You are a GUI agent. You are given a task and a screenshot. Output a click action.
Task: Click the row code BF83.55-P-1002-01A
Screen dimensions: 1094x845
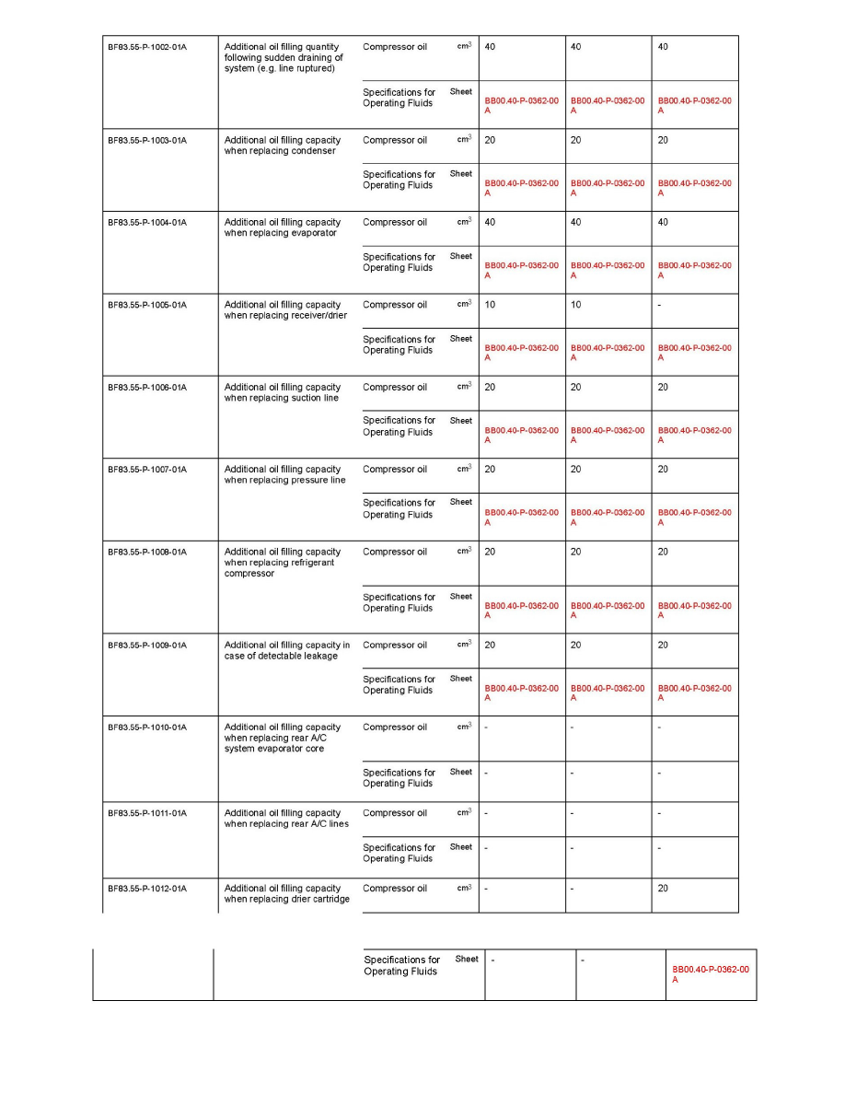(x=147, y=47)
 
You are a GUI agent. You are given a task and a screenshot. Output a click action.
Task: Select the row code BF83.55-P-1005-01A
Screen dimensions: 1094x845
(x=147, y=305)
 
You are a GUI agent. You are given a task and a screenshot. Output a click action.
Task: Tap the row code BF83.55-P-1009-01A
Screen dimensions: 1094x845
(x=147, y=646)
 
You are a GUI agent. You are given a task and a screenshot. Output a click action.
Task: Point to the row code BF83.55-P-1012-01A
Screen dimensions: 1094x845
(x=147, y=889)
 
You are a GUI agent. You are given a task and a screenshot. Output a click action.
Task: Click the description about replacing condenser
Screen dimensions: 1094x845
(x=282, y=145)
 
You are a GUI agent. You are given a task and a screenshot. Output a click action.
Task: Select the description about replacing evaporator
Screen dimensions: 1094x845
(x=282, y=227)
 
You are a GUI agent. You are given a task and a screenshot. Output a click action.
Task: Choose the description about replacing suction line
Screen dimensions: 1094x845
(x=282, y=392)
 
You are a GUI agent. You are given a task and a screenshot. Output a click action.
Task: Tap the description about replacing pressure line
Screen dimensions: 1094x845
(x=284, y=475)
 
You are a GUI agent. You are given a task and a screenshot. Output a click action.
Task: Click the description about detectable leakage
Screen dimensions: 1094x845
(x=286, y=651)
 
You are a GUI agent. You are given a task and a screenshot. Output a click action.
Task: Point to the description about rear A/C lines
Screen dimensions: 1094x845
(x=284, y=819)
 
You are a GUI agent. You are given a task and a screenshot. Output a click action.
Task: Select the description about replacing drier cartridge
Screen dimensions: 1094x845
(x=286, y=894)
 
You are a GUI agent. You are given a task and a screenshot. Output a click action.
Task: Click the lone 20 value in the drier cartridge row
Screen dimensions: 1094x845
(x=663, y=889)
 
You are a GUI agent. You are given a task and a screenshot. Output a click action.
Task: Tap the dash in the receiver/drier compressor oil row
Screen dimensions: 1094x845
(x=660, y=305)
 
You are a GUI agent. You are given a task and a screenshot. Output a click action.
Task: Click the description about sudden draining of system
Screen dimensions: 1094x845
(x=284, y=58)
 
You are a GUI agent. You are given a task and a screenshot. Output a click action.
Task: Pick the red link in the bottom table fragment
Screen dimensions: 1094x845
(x=710, y=974)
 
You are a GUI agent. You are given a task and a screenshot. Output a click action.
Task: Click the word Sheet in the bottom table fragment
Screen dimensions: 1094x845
(x=467, y=960)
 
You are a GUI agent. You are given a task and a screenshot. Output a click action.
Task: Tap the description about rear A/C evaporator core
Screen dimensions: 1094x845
(x=282, y=738)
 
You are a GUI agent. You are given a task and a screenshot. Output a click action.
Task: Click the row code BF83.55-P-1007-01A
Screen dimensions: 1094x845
(x=147, y=470)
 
